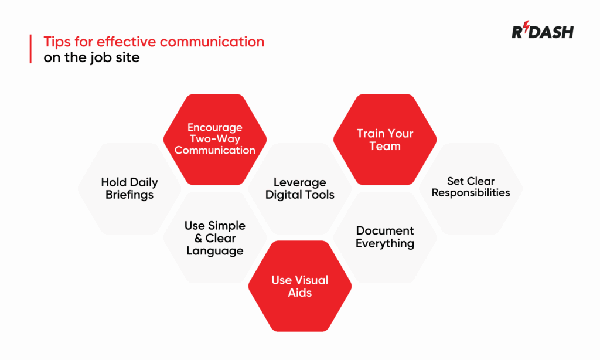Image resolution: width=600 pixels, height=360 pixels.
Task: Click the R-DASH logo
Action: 543,32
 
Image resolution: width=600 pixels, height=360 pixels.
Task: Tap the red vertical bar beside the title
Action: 30,49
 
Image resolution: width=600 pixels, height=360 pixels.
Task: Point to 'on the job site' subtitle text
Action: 91,57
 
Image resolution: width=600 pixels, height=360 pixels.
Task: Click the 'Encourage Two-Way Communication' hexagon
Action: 215,138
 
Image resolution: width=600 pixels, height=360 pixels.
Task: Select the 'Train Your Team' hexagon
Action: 385,140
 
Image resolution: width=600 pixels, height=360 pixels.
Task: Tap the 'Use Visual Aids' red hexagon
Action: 300,286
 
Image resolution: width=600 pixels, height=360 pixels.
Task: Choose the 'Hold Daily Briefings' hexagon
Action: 129,188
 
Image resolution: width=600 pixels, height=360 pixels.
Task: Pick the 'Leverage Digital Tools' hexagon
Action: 300,188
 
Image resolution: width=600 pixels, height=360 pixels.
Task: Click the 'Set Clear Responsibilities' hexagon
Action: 471,187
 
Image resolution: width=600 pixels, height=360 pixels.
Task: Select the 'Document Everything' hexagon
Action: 385,237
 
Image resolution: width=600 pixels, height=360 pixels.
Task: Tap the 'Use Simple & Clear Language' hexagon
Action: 215,238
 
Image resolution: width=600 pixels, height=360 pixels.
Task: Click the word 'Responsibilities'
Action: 471,193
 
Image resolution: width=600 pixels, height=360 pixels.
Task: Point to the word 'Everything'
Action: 385,243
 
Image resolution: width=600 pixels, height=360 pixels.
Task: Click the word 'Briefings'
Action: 129,195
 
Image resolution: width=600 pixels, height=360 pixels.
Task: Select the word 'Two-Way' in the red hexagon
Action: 215,139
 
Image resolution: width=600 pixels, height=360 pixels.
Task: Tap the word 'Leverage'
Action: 300,182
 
